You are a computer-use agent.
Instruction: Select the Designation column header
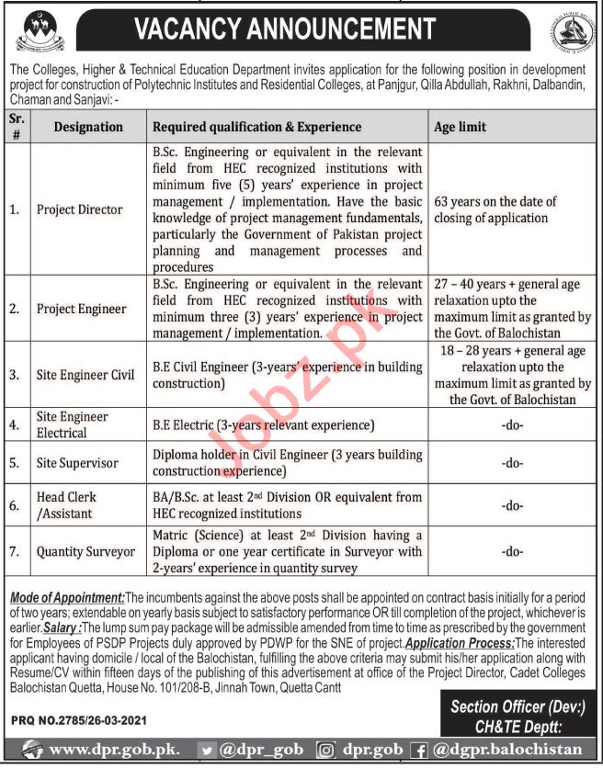89,127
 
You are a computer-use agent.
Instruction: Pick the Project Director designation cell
79,209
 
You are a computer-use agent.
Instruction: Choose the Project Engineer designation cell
81,309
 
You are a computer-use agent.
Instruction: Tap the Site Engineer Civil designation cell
85,375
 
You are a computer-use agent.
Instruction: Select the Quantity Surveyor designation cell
85,552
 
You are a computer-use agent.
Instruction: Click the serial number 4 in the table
14,425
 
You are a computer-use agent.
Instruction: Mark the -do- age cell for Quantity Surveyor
513,552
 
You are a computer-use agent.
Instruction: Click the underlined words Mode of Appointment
64,597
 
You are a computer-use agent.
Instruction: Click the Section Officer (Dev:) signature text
518,707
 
